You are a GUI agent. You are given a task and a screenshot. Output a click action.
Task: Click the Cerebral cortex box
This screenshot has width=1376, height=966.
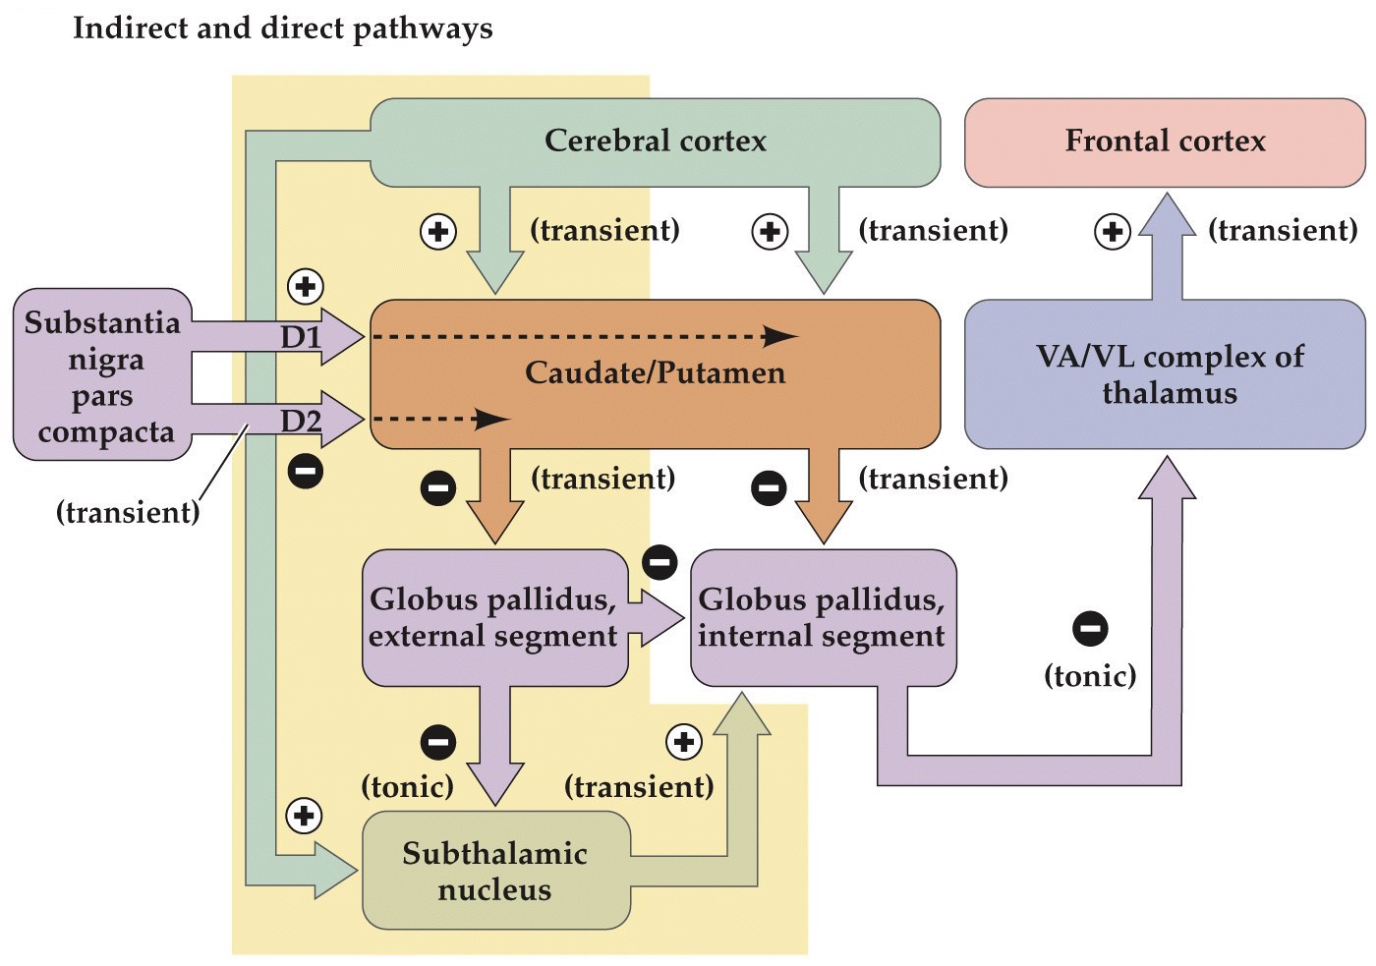(x=655, y=142)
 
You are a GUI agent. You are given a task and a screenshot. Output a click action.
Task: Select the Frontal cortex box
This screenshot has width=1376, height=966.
(x=1165, y=142)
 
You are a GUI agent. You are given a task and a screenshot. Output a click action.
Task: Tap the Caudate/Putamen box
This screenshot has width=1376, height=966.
(x=655, y=373)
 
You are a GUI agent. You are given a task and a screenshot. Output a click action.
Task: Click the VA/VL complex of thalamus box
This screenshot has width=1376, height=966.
(x=1165, y=374)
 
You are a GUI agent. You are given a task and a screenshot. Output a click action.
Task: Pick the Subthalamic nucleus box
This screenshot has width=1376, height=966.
(x=495, y=871)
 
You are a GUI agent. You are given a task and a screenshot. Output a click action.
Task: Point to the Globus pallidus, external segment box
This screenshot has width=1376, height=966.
(x=493, y=618)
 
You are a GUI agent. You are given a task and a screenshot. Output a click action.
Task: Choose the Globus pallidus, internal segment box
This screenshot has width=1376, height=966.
(x=822, y=618)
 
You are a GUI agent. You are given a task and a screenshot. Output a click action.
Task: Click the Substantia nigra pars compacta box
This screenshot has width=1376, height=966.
(x=102, y=375)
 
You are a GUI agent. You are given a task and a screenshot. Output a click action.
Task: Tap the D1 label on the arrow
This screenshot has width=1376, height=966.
(x=301, y=338)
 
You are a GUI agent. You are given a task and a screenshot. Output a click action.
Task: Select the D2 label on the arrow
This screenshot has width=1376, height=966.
(x=301, y=422)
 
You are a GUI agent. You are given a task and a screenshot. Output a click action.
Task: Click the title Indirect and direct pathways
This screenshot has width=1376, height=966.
(x=283, y=28)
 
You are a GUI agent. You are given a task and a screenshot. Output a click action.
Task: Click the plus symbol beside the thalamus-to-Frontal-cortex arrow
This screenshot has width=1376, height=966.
(x=1113, y=232)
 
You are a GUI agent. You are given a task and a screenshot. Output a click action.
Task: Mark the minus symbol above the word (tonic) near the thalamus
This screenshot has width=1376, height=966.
(x=1090, y=628)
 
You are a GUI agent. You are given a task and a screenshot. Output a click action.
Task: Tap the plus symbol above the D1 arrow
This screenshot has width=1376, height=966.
(x=306, y=287)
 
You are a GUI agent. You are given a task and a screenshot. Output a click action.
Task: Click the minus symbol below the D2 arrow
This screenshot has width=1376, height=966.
(x=306, y=472)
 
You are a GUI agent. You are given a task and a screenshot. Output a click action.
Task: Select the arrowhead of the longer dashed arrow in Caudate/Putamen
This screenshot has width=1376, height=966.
(x=780, y=337)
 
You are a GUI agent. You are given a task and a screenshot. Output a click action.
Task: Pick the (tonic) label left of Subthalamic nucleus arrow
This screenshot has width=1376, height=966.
(x=407, y=787)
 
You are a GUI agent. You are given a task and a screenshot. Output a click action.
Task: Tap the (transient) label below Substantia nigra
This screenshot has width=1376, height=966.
(x=128, y=512)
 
